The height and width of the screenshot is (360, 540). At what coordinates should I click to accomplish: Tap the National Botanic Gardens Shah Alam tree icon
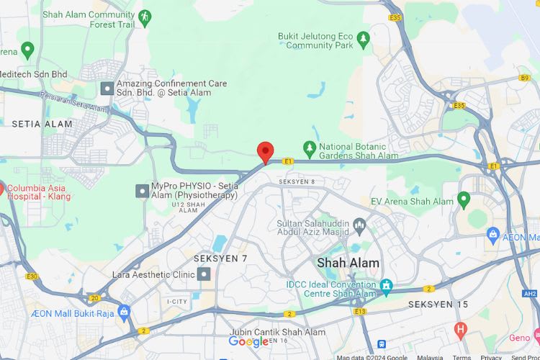coord(310,149)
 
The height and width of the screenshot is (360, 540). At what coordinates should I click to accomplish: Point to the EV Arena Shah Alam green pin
coord(464,199)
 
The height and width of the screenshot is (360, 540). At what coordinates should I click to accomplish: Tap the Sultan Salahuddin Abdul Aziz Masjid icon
coord(359,228)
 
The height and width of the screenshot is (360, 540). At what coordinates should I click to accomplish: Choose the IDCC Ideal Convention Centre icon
coord(386,286)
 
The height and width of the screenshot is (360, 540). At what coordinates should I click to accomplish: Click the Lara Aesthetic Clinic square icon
coord(204,274)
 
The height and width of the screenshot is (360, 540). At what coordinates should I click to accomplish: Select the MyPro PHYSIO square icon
coord(142,191)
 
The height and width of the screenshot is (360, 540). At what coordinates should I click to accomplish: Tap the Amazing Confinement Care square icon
coord(107,89)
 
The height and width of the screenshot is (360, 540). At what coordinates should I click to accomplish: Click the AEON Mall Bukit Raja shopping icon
coord(124,312)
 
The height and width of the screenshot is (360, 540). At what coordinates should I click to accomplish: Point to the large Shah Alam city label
coord(348,263)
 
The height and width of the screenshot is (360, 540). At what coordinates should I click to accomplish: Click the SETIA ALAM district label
coord(42,124)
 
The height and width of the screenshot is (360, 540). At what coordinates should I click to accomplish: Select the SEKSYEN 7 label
coord(220,258)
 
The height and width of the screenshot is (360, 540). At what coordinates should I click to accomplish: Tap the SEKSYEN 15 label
coord(438,305)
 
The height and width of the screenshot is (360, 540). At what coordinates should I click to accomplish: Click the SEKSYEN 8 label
coord(297,181)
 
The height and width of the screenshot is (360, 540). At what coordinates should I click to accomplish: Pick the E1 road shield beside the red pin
coord(287,161)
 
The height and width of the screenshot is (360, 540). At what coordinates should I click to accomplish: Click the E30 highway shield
coord(32,276)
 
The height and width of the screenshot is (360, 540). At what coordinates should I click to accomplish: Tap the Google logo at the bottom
coord(248,342)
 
